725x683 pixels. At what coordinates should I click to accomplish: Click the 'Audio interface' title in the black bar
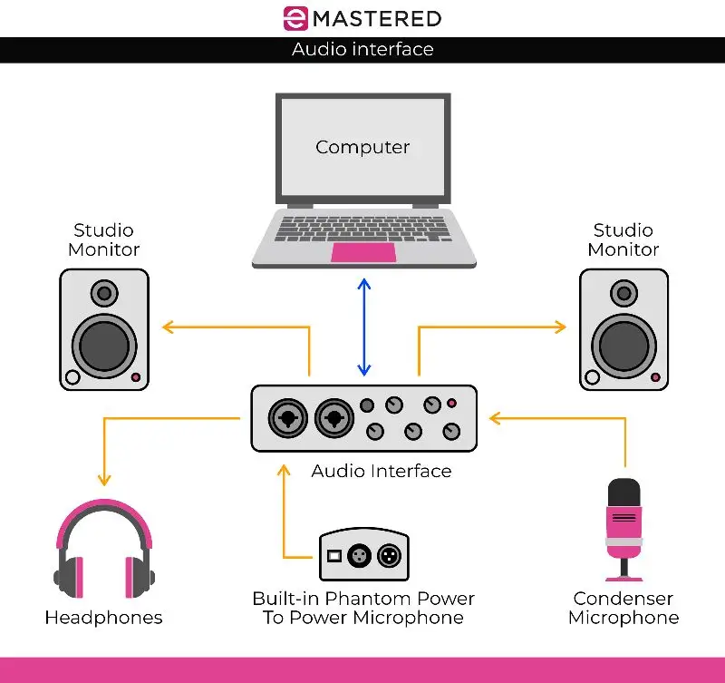tap(362, 49)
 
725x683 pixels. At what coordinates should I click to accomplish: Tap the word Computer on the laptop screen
tap(362, 147)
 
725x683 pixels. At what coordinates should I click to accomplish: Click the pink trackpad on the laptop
tap(362, 252)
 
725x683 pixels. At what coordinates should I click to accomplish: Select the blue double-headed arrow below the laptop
tap(363, 327)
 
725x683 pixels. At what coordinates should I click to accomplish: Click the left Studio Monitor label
tap(104, 239)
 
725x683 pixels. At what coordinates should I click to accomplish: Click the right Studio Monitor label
tap(623, 239)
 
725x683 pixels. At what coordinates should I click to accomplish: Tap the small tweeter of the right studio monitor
tap(623, 293)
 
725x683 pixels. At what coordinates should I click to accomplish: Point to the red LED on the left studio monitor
tap(136, 376)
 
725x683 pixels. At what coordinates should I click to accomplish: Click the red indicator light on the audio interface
tap(451, 405)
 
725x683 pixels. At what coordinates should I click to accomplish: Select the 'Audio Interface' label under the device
tap(381, 471)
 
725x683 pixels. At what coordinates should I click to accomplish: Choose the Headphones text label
tap(104, 618)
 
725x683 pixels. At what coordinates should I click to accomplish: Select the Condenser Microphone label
tap(623, 608)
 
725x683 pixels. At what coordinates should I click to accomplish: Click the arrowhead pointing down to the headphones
tap(104, 480)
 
